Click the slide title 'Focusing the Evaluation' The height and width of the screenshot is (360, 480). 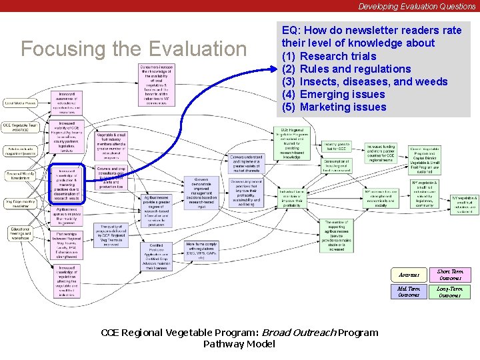(x=134, y=49)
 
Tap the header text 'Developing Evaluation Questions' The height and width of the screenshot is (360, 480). (x=417, y=6)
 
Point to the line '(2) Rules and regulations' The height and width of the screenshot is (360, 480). (x=347, y=69)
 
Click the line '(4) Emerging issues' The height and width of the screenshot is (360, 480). (x=334, y=94)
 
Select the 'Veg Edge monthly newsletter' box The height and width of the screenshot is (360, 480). (x=20, y=203)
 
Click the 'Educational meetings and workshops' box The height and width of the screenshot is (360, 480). (x=20, y=234)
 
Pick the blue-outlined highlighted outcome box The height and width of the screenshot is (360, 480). (x=65, y=184)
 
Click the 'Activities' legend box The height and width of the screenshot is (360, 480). (x=409, y=275)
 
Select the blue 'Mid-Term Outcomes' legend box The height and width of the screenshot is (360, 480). (x=409, y=291)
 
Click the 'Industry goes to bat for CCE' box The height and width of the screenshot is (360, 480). (x=337, y=146)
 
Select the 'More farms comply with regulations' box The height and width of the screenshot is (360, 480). (x=202, y=250)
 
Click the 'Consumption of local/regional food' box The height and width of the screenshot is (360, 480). (x=337, y=165)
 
